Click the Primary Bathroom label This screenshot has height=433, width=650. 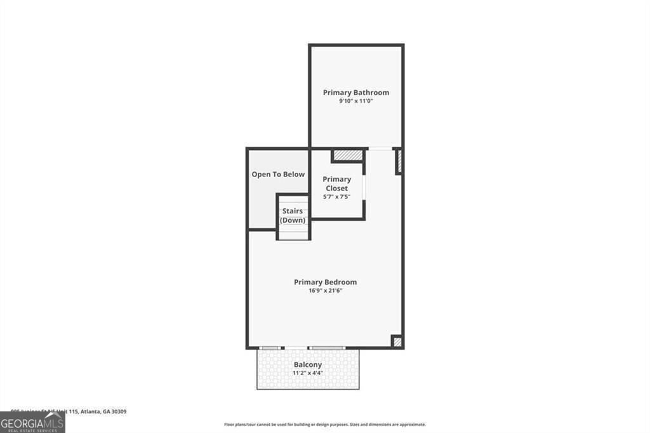coord(355,93)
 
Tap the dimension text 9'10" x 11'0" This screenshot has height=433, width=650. coord(355,102)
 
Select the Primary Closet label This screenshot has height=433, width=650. coord(336,183)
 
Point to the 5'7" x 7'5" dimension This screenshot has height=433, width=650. coord(336,197)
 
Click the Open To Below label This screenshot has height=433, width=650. coord(278,174)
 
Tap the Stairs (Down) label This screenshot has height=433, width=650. coord(293,216)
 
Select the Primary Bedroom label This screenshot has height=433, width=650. coord(325,282)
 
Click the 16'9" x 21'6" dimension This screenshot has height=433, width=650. coord(325,291)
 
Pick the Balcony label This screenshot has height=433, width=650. coord(307,364)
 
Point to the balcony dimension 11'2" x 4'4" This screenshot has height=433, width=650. coord(307,373)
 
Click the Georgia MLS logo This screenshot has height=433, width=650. coord(32,422)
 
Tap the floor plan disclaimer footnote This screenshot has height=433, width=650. coord(324,424)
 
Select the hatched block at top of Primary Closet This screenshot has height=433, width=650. coord(348,155)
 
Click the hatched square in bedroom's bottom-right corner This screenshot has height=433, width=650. coord(397,342)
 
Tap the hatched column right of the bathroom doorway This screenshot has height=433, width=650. coord(399,161)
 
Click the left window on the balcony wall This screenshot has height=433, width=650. coord(270,348)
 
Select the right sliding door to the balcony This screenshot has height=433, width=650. coord(326,348)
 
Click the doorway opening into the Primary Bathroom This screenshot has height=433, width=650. coord(380,149)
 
